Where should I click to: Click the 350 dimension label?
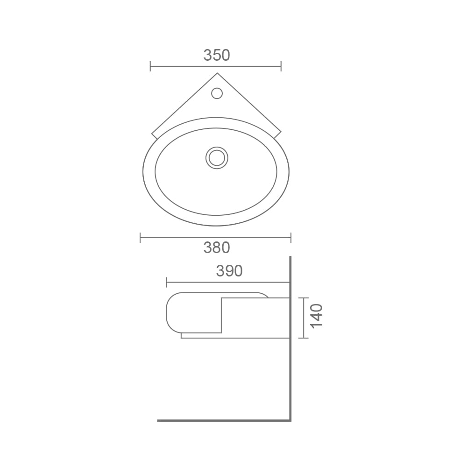[x=217, y=55]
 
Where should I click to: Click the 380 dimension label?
[x=217, y=248]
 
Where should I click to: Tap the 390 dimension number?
[x=229, y=271]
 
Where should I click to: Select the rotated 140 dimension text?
[x=316, y=316]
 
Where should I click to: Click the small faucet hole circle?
[x=217, y=93]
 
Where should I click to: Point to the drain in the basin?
[x=217, y=158]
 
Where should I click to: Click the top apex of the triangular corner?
[x=217, y=73]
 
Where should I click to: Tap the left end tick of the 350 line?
[x=150, y=66]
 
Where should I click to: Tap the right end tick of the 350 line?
[x=281, y=66]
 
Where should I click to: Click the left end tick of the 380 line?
[x=140, y=238]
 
